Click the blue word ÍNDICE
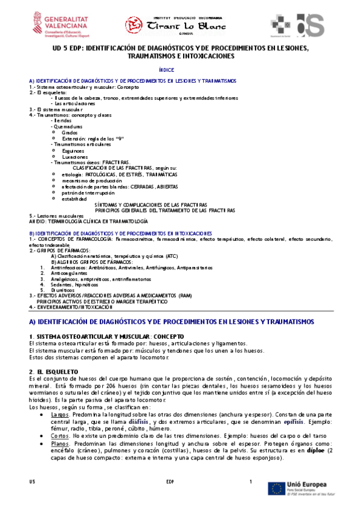tap(166, 71)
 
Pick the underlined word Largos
tap(60, 414)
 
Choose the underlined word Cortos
tap(60, 435)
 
